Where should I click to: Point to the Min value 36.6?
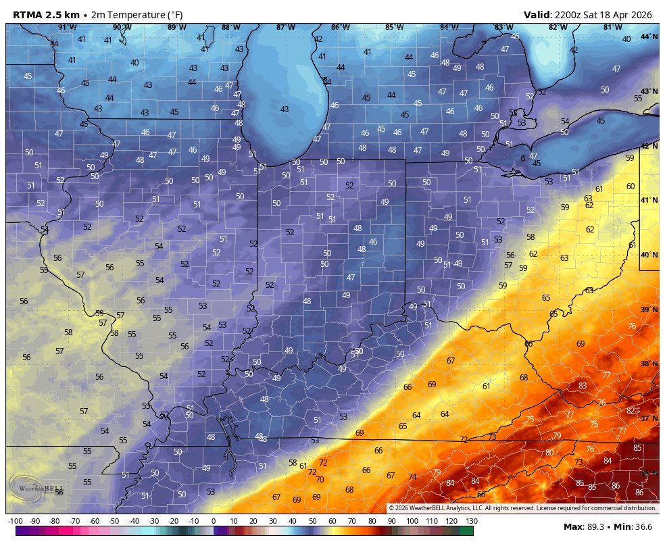coord(643,526)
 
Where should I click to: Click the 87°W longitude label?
coord(285,27)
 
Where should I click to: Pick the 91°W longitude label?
coord(67,27)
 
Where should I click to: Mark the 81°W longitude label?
coord(612,27)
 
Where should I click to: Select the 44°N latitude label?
coord(649,36)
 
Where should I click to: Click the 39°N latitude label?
coord(649,309)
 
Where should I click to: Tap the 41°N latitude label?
coord(649,200)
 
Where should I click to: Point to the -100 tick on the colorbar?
coord(16,521)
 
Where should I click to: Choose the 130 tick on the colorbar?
coord(471,521)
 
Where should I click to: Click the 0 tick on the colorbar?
coord(214,521)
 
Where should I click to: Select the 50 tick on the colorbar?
coord(312,521)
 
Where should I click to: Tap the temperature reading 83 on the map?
coord(583,386)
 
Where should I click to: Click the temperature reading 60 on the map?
coord(631,187)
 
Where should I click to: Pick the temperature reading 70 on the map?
coord(320,480)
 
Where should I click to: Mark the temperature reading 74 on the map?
coord(412,477)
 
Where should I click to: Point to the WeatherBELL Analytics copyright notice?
coord(522,508)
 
